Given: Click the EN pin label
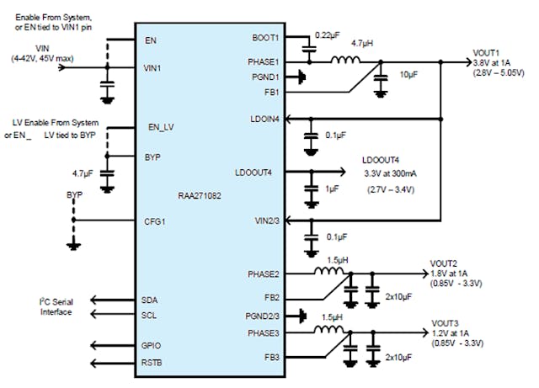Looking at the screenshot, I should click(151, 39).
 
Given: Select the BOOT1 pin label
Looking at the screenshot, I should click(264, 38).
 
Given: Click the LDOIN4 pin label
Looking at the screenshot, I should click(263, 119).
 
